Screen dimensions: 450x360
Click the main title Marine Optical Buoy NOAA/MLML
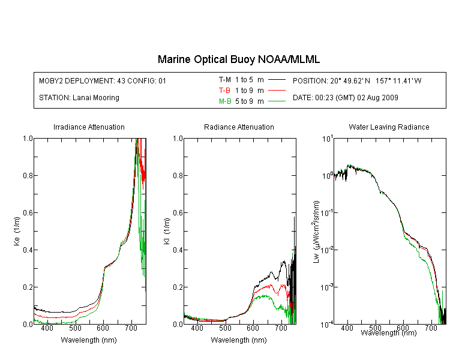[238, 59]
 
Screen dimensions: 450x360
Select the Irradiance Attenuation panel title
[89, 127]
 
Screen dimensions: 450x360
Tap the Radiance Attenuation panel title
[239, 127]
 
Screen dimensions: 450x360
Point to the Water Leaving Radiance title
[389, 127]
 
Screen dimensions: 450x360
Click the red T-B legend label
[224, 91]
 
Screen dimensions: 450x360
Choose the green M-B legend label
[225, 101]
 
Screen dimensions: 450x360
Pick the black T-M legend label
[225, 80]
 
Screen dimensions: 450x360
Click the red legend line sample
[277, 91]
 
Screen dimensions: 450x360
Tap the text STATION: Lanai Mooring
[79, 98]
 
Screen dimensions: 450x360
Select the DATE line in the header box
[345, 98]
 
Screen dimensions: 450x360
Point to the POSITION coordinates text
[357, 80]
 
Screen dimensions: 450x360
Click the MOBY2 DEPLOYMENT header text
[103, 80]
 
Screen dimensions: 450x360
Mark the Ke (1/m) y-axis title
[17, 232]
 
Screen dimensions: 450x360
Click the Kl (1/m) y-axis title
[167, 232]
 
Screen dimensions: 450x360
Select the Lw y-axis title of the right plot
[316, 232]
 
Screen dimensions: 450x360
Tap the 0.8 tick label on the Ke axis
[28, 175]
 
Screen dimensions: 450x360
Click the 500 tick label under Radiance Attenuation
[225, 328]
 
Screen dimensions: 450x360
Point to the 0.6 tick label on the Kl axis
[178, 213]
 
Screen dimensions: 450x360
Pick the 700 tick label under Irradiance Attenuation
[131, 328]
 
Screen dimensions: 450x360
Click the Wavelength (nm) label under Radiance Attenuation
[239, 340]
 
